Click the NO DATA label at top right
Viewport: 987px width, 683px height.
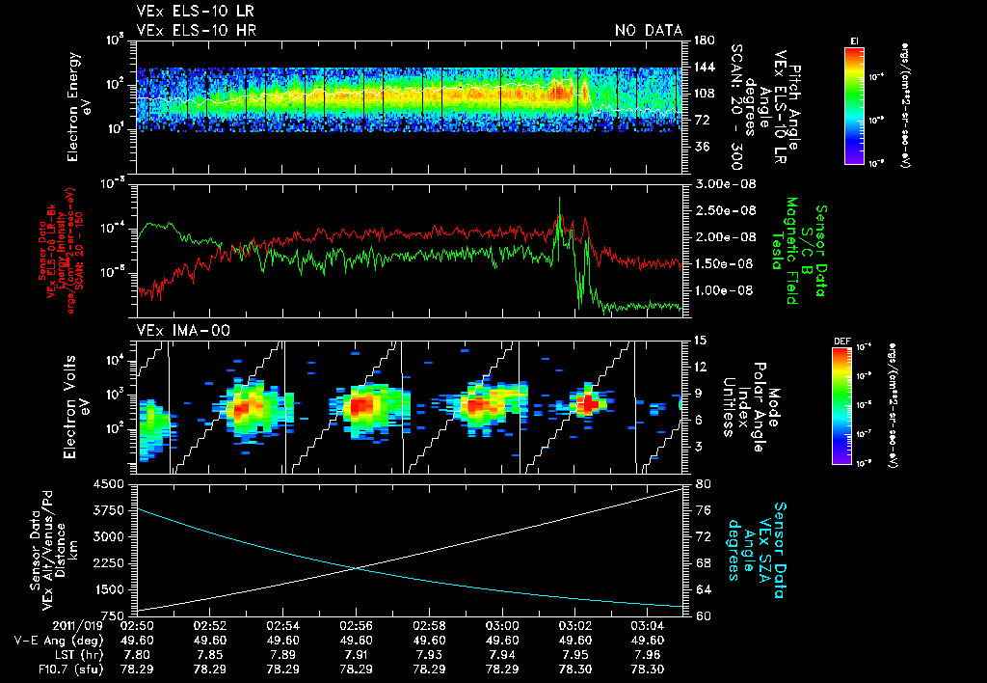648,31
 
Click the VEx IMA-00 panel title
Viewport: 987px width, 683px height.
183,330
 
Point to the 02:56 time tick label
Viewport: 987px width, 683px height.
357,625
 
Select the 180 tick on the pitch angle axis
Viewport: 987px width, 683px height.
703,40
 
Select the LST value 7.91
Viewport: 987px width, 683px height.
357,654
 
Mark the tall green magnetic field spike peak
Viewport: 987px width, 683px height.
559,200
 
